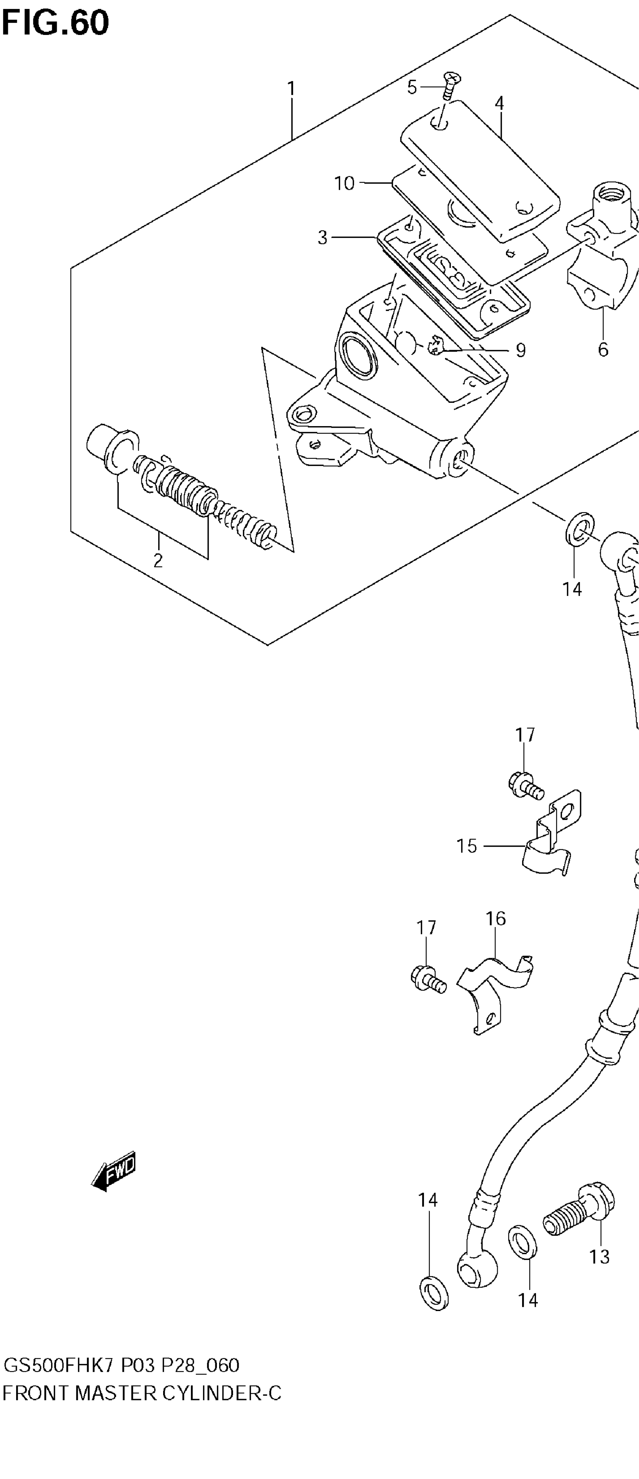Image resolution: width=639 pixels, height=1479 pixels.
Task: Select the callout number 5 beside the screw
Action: (412, 87)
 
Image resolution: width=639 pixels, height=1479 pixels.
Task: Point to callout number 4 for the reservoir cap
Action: (499, 103)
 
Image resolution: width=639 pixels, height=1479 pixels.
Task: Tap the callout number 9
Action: (520, 350)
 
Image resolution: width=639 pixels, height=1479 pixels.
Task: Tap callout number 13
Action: (599, 1257)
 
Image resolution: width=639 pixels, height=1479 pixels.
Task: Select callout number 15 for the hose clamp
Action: (467, 846)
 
